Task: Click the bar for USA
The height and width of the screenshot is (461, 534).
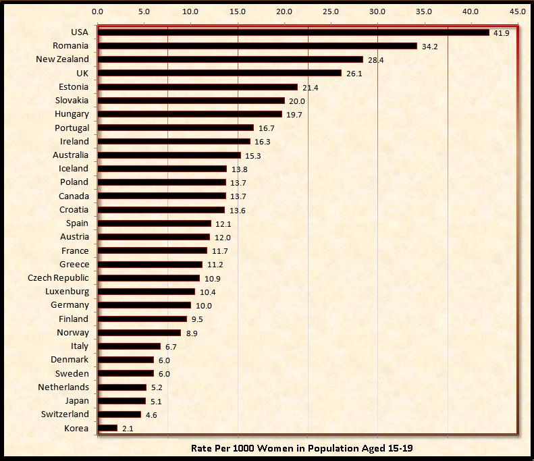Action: click(293, 32)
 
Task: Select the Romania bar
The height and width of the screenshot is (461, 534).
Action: click(257, 46)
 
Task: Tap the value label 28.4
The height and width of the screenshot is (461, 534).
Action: click(375, 60)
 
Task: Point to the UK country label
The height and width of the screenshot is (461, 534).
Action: click(82, 73)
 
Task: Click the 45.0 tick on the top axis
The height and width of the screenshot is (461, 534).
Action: click(518, 11)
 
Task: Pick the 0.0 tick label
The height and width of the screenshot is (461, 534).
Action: click(97, 11)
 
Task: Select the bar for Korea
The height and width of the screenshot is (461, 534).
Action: click(107, 428)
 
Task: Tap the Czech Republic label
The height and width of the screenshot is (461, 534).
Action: click(58, 277)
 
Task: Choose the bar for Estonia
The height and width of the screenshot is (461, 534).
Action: click(197, 87)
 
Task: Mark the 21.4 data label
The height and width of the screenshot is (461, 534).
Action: click(310, 88)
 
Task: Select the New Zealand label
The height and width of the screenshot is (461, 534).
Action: click(62, 59)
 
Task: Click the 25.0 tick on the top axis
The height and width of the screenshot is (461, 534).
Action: click(331, 11)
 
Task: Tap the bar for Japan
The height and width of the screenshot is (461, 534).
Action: click(122, 401)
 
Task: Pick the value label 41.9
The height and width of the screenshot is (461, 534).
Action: click(501, 33)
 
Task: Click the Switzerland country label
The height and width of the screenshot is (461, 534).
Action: click(65, 414)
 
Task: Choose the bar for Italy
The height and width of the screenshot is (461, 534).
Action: click(129, 346)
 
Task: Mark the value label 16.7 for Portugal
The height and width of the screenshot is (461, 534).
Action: click(266, 128)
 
